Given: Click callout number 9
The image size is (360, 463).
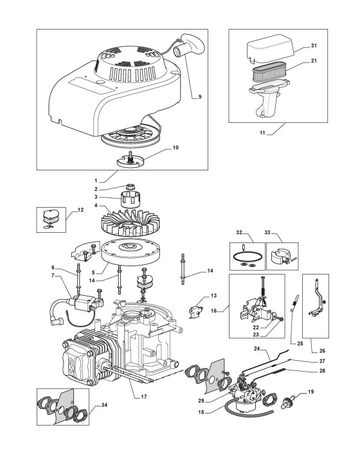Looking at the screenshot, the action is [x=200, y=96].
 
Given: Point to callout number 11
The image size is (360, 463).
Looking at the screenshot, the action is [x=262, y=133].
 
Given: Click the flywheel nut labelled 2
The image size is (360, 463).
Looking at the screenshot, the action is [x=130, y=186].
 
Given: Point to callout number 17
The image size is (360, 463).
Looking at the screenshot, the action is [x=144, y=397].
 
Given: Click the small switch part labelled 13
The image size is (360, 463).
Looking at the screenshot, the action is [x=195, y=312].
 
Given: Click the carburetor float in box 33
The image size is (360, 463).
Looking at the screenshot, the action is [x=280, y=257].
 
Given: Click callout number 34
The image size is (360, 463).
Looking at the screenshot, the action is [x=104, y=405].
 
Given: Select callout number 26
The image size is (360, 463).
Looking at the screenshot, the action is [x=322, y=351].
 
